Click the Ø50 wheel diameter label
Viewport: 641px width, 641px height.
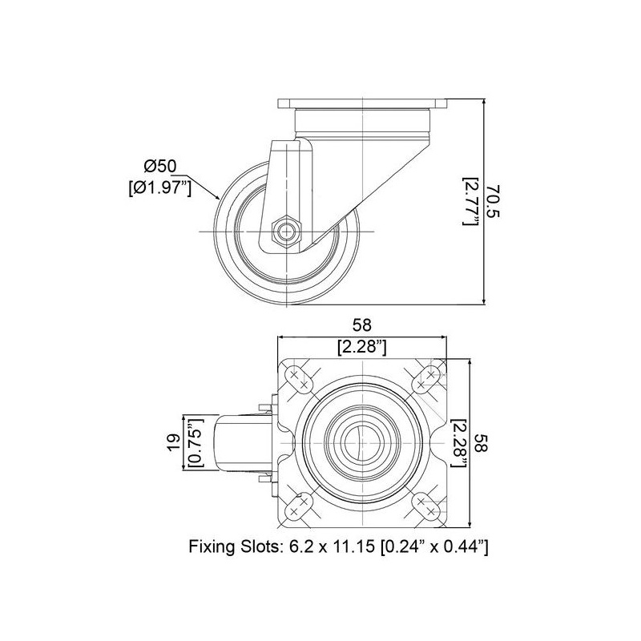160,166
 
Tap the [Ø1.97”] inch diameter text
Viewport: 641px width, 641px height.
159,187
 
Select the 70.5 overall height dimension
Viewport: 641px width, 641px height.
494,201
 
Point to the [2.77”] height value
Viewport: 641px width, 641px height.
471,201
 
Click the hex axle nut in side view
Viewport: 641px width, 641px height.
285,232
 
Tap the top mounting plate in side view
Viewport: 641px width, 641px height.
361,103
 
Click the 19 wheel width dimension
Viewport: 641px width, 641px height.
173,443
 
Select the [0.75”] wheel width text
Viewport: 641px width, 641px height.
196,443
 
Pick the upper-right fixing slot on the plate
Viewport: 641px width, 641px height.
425,379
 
